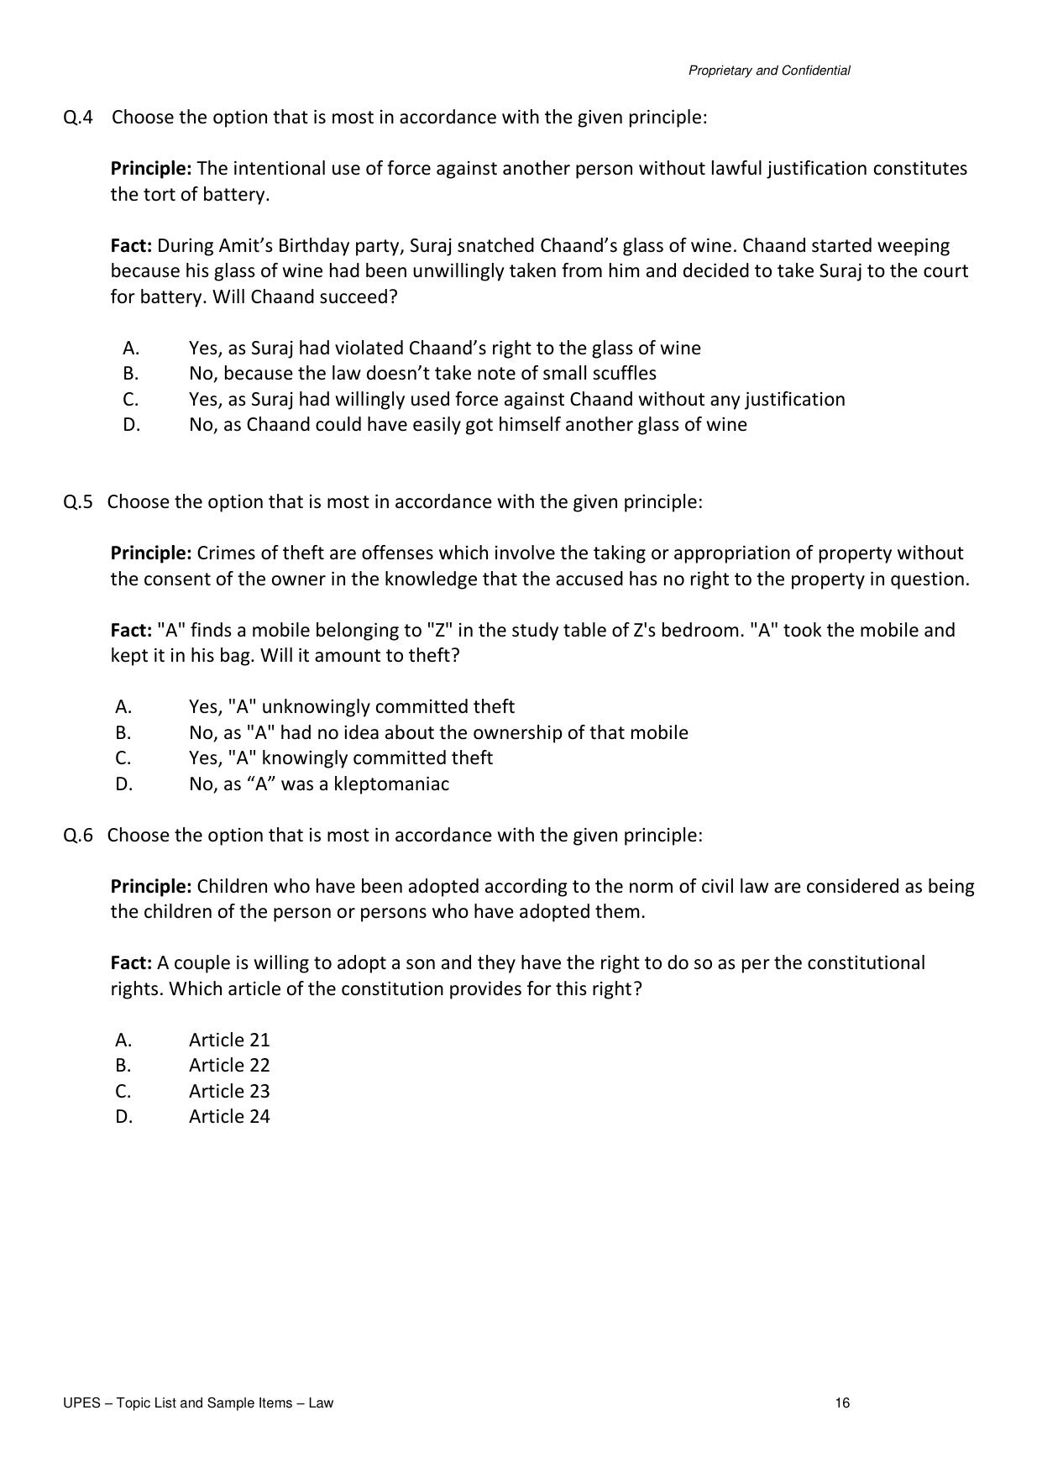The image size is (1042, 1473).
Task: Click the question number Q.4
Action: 78,118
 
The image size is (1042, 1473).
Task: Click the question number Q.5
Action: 78,502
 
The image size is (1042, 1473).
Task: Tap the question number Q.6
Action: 78,836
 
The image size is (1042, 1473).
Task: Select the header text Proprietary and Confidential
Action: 768,71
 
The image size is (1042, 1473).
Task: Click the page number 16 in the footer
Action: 842,1403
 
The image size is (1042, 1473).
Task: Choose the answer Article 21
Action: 229,1041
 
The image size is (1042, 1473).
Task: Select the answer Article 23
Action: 229,1092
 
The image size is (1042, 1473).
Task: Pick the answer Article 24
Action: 229,1117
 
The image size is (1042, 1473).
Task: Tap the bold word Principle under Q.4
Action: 151,169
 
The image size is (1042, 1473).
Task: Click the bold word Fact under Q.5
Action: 131,631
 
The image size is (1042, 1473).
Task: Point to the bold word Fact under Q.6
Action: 131,963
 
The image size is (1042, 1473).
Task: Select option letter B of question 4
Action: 130,374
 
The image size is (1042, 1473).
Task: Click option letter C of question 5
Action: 123,758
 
